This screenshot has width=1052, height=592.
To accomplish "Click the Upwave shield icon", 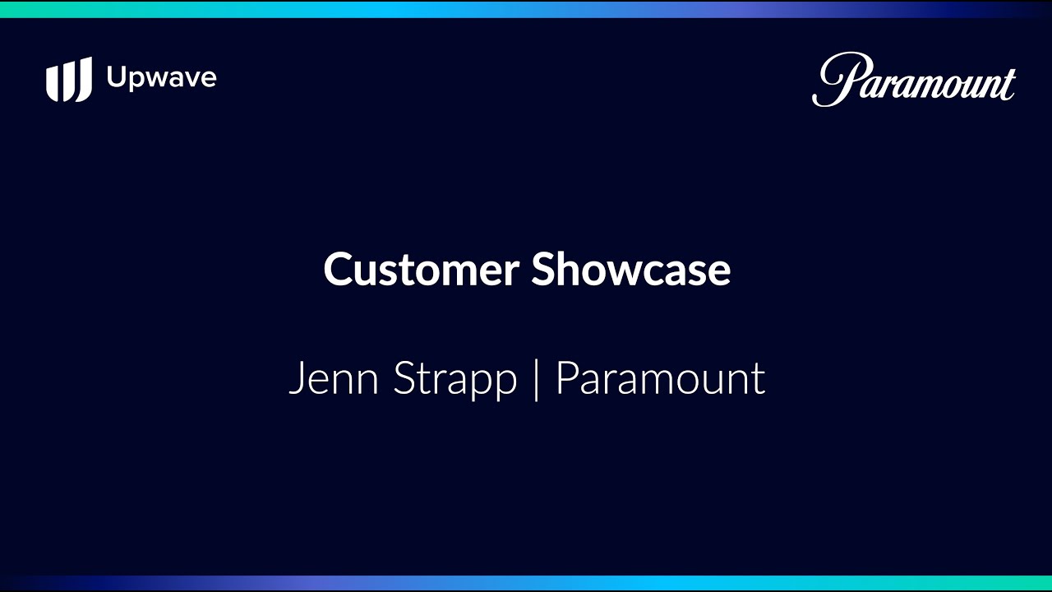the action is point(69,80).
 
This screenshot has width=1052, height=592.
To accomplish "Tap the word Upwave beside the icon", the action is point(162,77).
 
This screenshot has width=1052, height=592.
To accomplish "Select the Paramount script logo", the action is point(914,80).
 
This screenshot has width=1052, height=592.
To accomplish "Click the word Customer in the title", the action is point(422,269).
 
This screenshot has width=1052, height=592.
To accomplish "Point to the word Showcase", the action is point(630,269).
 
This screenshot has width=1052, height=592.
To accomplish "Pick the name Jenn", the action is point(334,378).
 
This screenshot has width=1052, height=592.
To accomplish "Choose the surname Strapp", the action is point(454,380).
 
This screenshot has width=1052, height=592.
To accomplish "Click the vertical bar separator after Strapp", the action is point(537,380).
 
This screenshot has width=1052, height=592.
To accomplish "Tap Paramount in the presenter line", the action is point(660,378).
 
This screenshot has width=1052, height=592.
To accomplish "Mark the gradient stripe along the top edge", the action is point(526,9).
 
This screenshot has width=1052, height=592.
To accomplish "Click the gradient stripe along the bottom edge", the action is point(526,584).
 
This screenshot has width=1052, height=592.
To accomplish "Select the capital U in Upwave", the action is point(117,76).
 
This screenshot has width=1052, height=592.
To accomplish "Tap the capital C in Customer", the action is point(338,269).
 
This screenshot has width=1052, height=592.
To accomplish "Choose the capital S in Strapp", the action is point(404,378).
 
